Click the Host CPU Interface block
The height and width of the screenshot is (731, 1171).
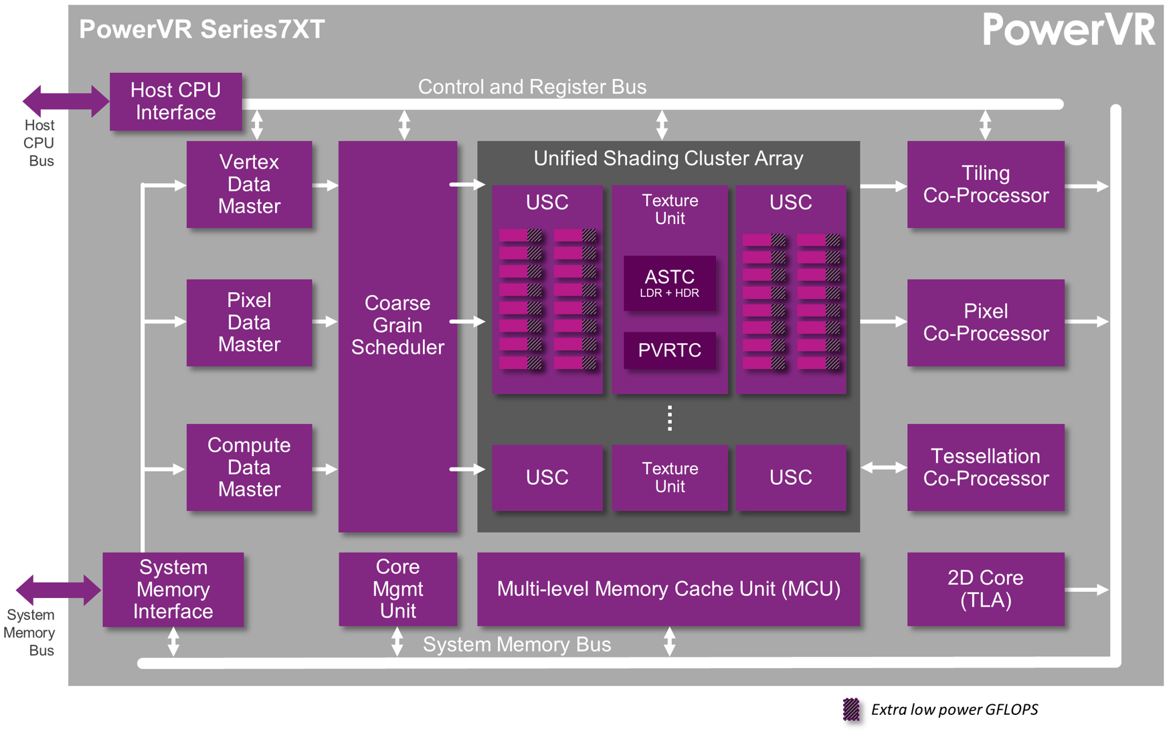pos(175,102)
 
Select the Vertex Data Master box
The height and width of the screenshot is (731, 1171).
pos(249,184)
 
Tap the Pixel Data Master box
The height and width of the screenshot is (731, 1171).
pos(249,322)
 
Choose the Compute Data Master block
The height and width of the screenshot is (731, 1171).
pos(249,467)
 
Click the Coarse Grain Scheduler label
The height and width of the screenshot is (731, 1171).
pos(397,325)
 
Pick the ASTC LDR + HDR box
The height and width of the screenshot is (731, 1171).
pos(669,283)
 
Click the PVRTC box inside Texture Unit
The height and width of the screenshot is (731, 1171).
pos(669,350)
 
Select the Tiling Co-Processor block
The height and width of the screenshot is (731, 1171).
pos(985,184)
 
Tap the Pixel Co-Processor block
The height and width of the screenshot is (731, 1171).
pos(985,322)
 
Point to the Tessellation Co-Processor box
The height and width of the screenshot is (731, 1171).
pos(985,467)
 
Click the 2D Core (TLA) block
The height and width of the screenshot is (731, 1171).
pos(985,589)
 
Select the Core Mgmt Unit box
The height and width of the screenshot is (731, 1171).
pos(397,589)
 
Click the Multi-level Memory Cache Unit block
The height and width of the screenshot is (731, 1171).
pos(668,589)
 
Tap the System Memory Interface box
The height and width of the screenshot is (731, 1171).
pos(173,589)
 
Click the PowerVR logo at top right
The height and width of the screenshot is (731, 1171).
pos(1068,30)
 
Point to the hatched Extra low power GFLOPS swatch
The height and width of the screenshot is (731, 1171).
pos(850,709)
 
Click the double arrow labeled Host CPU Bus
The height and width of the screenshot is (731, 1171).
pos(65,101)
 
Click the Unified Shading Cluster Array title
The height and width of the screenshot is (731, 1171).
pos(668,159)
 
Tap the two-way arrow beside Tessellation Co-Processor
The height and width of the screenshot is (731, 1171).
pos(883,467)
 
